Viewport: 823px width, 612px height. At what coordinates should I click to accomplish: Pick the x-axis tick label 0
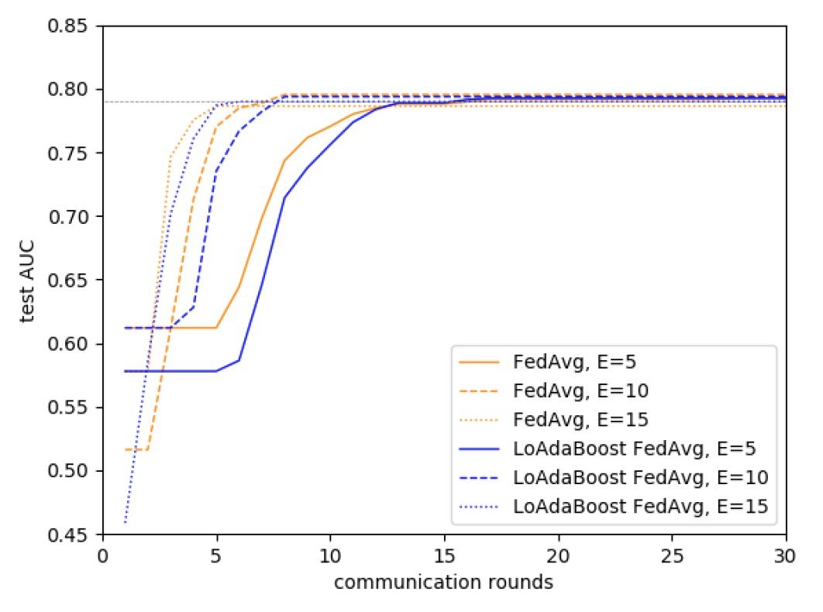102,555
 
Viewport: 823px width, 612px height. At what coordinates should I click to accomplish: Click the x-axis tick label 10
329,555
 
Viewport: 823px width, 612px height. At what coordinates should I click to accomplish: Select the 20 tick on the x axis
558,555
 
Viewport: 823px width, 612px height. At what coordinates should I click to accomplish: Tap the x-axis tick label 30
786,555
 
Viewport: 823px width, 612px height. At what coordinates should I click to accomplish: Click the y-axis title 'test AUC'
29,280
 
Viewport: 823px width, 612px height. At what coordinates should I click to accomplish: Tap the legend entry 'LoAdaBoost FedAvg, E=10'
640,477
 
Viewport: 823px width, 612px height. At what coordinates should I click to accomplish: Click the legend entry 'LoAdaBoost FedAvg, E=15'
640,506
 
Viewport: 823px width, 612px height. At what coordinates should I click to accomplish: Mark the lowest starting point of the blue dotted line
125,522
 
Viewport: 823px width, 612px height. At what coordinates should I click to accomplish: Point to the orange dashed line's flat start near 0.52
136,449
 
